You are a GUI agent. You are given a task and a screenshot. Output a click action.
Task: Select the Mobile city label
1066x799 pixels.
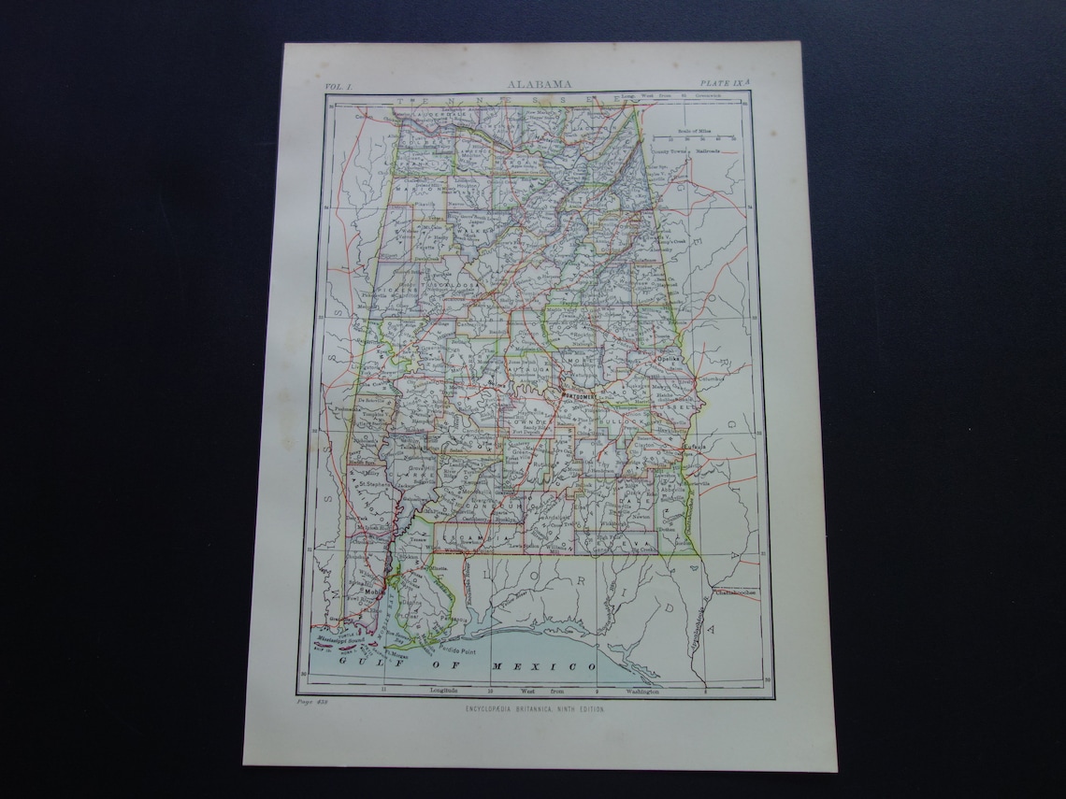click(374, 592)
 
